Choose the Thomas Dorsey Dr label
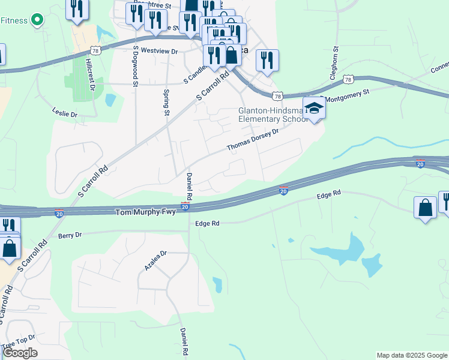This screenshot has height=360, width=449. pos(253,140)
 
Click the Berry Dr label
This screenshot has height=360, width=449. pos(70,235)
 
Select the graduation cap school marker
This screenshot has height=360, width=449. pos(314,109)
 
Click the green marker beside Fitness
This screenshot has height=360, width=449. pos(37,20)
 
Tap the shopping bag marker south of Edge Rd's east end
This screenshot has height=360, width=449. pos(426,208)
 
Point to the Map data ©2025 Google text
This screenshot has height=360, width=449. pos(412,355)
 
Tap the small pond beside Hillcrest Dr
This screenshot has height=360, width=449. pos(110,100)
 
